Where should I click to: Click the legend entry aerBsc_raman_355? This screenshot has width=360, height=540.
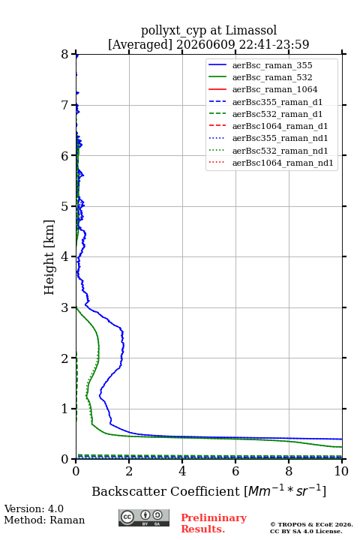coord(272,65)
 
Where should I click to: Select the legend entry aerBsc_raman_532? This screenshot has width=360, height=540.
coord(272,77)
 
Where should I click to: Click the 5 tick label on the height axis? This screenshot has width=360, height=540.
coord(65,206)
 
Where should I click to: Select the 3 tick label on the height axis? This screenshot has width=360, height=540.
coord(65,307)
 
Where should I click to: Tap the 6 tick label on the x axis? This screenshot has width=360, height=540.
coord(235,471)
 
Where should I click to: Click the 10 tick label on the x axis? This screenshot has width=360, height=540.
coord(341,471)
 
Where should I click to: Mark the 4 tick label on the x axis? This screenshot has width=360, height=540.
coord(182,471)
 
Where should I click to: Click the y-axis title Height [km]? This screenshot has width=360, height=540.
coord(49,257)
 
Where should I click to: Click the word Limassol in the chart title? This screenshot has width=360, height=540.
coord(251,31)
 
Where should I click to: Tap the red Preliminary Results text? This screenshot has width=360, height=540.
coord(214,523)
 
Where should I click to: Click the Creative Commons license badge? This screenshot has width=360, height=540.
coord(144,517)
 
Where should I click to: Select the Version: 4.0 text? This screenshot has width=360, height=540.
coord(34,508)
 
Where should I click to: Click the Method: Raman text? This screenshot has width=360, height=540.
coord(44,520)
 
